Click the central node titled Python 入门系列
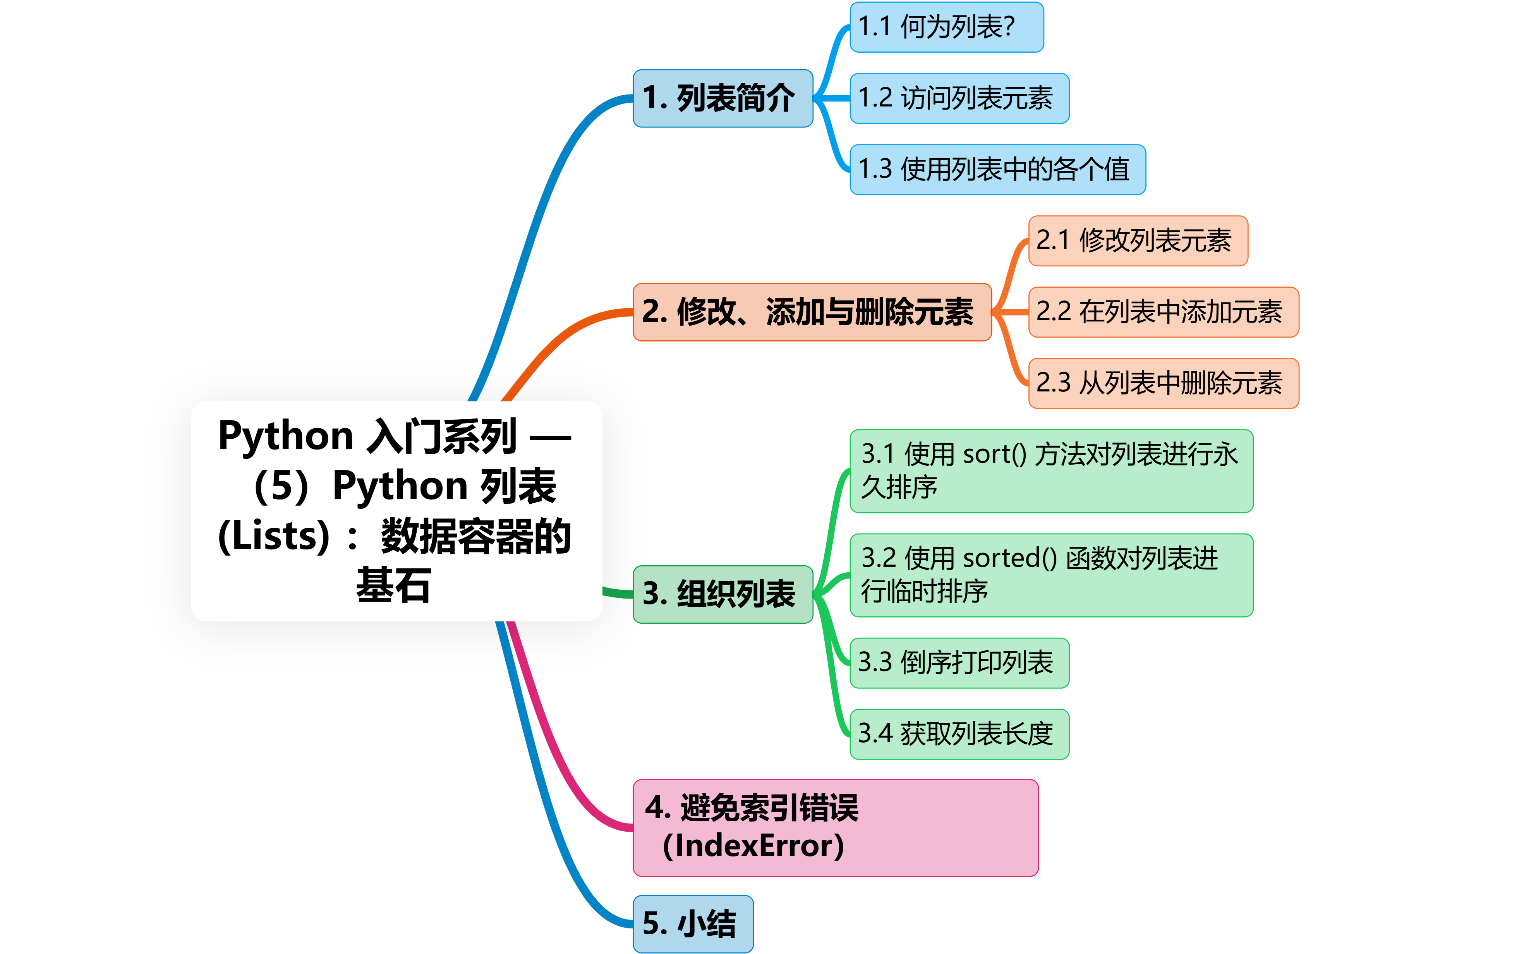pyautogui.click(x=396, y=511)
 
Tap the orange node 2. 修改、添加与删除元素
pyautogui.click(x=812, y=312)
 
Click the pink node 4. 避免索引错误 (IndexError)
pyautogui.click(x=835, y=827)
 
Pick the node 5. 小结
pyautogui.click(x=693, y=923)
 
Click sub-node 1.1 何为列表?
pyautogui.click(x=946, y=27)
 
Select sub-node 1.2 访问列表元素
pyautogui.click(x=959, y=98)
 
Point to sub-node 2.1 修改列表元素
pyautogui.click(x=1137, y=240)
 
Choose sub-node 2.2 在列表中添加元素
pyautogui.click(x=1163, y=312)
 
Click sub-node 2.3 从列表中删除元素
pyautogui.click(x=1163, y=383)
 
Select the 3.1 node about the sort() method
pyautogui.click(x=1051, y=471)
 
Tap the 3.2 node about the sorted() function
pyautogui.click(x=1051, y=575)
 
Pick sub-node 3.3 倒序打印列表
pyautogui.click(x=959, y=662)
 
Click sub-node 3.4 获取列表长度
pyautogui.click(x=959, y=734)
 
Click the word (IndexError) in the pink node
pyautogui.click(x=753, y=846)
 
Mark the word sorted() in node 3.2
pyautogui.click(x=1009, y=558)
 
